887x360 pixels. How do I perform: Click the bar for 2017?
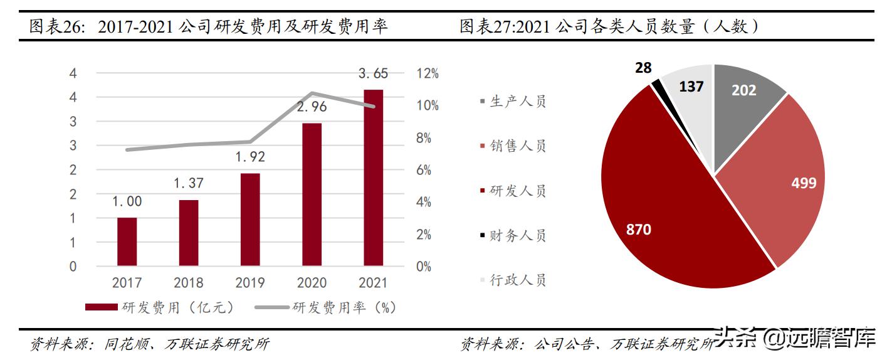click(x=127, y=241)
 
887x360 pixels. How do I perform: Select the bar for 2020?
click(x=312, y=194)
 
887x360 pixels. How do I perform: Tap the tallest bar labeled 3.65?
click(x=373, y=177)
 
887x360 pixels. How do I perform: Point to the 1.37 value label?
click(x=189, y=183)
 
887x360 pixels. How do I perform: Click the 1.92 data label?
click(x=250, y=156)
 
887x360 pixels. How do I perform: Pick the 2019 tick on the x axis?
click(x=250, y=283)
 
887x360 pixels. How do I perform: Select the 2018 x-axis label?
click(x=189, y=283)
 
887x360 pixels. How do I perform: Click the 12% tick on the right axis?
click(x=427, y=73)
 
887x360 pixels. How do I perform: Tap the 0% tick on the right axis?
click(x=424, y=267)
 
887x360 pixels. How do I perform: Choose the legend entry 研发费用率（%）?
click(x=326, y=307)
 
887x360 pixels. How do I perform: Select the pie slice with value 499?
click(x=784, y=182)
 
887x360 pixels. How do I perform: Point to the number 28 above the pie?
click(x=643, y=68)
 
